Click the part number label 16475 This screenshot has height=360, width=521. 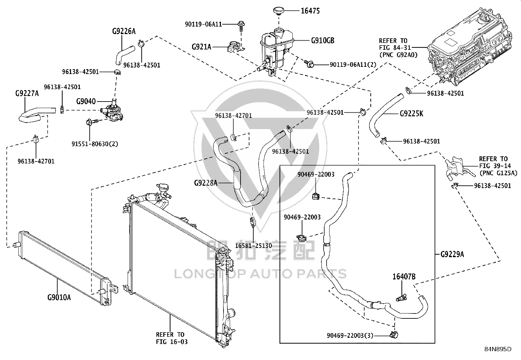point(310,11)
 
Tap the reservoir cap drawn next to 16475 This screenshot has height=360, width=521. point(278,11)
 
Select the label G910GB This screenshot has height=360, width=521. point(323,41)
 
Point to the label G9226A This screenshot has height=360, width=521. point(124,31)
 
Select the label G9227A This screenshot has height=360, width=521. point(27,93)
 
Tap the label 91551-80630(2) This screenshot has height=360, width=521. point(95,144)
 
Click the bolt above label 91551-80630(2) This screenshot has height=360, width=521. point(92,122)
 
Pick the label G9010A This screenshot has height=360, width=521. point(59,297)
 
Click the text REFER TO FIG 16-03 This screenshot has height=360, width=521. point(172,338)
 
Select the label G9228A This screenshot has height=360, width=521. point(206,183)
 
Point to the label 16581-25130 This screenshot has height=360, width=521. point(254,246)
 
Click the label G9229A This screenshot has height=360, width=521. point(452,254)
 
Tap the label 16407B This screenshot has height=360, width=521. point(404,277)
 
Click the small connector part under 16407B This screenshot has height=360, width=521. point(402,297)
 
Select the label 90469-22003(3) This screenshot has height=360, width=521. point(350,335)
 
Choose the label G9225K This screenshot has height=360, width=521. point(411,114)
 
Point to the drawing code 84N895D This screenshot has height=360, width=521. point(498,349)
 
